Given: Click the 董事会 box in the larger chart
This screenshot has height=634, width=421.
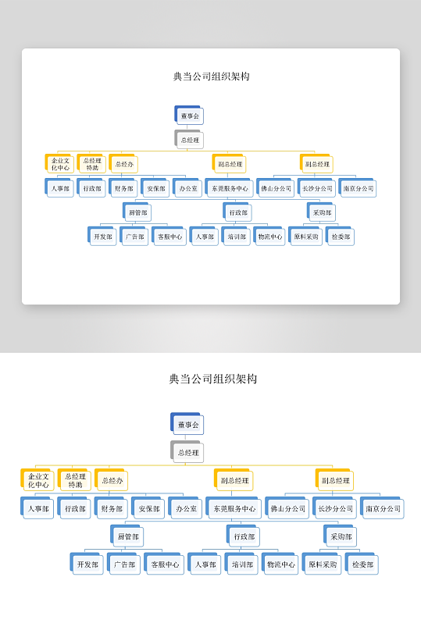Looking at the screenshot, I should tap(187, 426).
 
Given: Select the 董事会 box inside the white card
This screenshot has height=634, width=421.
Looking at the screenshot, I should tap(189, 116).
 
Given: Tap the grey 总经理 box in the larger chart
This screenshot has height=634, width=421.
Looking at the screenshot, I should tap(187, 452).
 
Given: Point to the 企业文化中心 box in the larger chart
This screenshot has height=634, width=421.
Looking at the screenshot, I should tap(38, 481).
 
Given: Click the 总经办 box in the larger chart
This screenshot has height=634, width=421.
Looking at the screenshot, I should tap(112, 481).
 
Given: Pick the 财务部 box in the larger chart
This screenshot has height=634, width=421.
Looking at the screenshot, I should tap(112, 509).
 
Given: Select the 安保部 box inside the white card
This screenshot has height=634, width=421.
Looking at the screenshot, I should tap(156, 188).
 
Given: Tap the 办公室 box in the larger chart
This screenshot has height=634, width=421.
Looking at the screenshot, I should tap(186, 509).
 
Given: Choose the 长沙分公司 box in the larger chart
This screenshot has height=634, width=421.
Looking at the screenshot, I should tap(334, 509).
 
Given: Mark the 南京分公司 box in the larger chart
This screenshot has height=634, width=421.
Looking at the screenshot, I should tap(383, 509).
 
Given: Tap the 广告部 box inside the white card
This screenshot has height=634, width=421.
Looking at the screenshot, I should tap(135, 237).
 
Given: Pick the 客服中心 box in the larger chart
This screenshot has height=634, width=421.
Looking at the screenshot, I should tap(165, 565).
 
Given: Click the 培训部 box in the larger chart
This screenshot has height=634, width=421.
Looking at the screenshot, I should tap(243, 565).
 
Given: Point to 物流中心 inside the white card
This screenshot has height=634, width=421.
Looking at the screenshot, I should tap(271, 237).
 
